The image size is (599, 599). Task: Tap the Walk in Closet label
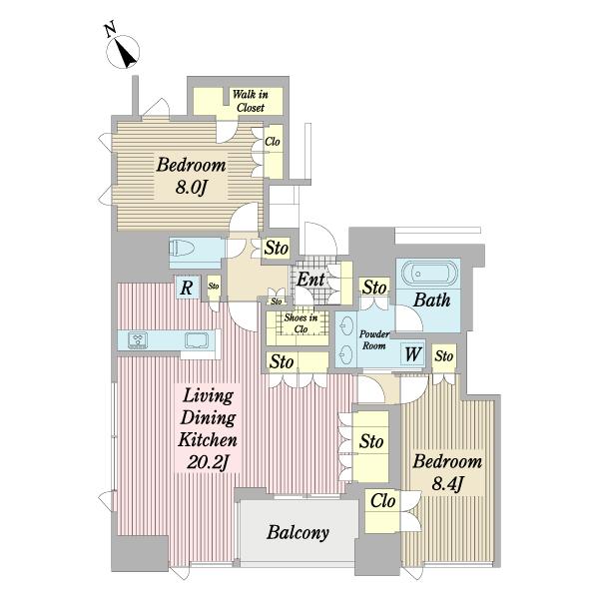click(251, 101)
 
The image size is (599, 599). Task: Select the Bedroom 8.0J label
click(191, 176)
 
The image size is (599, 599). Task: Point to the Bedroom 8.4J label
click(447, 472)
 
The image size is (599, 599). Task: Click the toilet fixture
click(182, 249)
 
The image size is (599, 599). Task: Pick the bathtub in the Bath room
click(429, 274)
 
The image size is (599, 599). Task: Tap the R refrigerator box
click(187, 287)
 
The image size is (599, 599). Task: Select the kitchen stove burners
click(138, 340)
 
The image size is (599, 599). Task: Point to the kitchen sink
click(197, 340)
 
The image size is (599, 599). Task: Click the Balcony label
click(298, 532)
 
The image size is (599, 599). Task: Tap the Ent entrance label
click(310, 280)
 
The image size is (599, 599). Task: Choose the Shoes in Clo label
click(300, 323)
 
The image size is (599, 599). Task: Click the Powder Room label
click(374, 339)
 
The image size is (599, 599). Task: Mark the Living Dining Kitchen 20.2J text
click(208, 429)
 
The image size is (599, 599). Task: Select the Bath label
click(431, 299)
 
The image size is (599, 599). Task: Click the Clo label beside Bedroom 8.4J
click(382, 500)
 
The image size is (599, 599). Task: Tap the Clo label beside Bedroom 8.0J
click(273, 142)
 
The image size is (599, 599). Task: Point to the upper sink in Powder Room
click(346, 325)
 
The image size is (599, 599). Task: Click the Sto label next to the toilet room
click(277, 248)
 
